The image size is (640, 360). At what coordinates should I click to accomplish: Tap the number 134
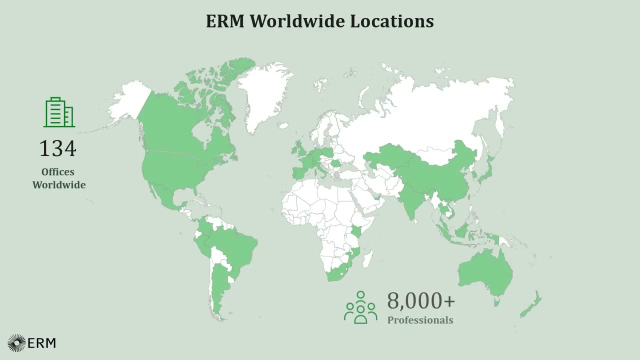[x=58, y=148]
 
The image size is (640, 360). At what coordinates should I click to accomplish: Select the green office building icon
[x=59, y=112]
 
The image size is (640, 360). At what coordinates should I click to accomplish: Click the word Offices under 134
[x=58, y=172]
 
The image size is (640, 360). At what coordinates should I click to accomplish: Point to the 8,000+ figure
[x=421, y=301]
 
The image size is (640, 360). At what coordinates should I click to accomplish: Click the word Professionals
[x=420, y=320]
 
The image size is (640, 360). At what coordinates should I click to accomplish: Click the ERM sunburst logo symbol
[x=16, y=343]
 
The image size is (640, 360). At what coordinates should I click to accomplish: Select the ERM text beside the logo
[x=42, y=343]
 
